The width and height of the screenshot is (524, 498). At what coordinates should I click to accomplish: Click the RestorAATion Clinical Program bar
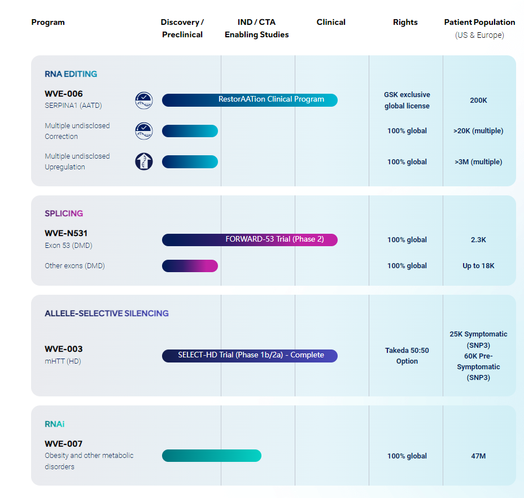(250, 100)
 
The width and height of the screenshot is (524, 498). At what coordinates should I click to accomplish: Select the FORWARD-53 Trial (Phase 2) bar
(250, 239)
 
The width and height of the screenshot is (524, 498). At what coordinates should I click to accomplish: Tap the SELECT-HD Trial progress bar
(250, 356)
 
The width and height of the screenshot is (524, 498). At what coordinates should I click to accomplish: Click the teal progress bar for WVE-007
(211, 456)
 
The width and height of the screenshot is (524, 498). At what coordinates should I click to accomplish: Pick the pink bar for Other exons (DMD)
(190, 266)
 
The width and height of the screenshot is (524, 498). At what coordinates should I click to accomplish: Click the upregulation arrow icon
(144, 161)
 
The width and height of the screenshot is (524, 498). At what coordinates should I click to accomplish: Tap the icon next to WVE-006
(144, 101)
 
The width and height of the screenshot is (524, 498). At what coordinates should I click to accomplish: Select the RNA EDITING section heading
(71, 74)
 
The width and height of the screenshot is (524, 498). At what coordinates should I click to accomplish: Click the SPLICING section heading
(64, 213)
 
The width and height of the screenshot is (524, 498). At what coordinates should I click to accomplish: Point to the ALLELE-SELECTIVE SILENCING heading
(107, 313)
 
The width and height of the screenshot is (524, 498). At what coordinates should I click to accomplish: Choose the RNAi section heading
(55, 424)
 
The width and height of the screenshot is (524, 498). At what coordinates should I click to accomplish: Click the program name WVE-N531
(66, 233)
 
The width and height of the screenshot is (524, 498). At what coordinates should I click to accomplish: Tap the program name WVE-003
(64, 349)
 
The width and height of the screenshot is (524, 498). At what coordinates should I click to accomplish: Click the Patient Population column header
(479, 23)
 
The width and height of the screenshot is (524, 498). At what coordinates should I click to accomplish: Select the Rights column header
(405, 23)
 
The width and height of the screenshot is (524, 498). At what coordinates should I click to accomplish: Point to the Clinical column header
(331, 23)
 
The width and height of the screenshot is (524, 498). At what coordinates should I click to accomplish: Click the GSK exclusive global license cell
(407, 101)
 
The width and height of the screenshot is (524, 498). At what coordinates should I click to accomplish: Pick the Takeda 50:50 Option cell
(407, 356)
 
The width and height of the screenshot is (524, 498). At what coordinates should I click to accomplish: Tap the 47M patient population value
(478, 456)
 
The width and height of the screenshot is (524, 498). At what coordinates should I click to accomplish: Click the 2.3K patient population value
(478, 240)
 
